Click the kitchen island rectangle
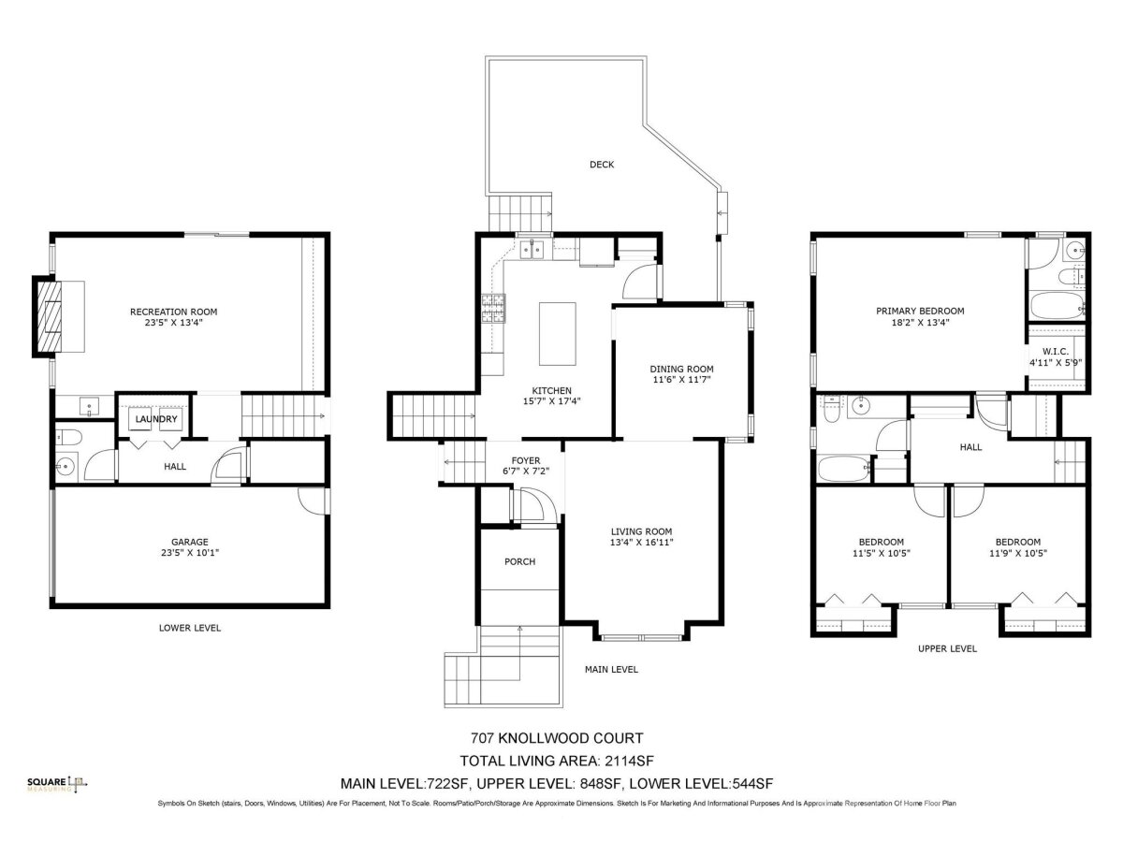coord(557,333)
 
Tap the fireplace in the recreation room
coord(47,316)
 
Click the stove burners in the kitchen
coord(492,309)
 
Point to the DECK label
coord(602,165)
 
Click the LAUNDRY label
coord(156,419)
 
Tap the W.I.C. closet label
coord(1056,352)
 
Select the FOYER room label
coord(525,460)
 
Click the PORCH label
coord(519,562)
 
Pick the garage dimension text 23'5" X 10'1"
coord(190,553)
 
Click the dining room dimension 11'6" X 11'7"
coord(681,379)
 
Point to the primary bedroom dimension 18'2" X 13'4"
coord(920,322)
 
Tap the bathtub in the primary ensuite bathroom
coord(1056,305)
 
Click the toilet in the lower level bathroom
coord(68,437)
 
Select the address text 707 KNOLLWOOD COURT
coord(557,738)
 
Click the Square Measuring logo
coord(57,784)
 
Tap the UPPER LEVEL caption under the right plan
coord(947,648)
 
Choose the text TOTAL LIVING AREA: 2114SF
coord(557,761)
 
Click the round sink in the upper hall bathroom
coord(862,406)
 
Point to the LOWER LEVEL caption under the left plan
coord(190,628)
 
